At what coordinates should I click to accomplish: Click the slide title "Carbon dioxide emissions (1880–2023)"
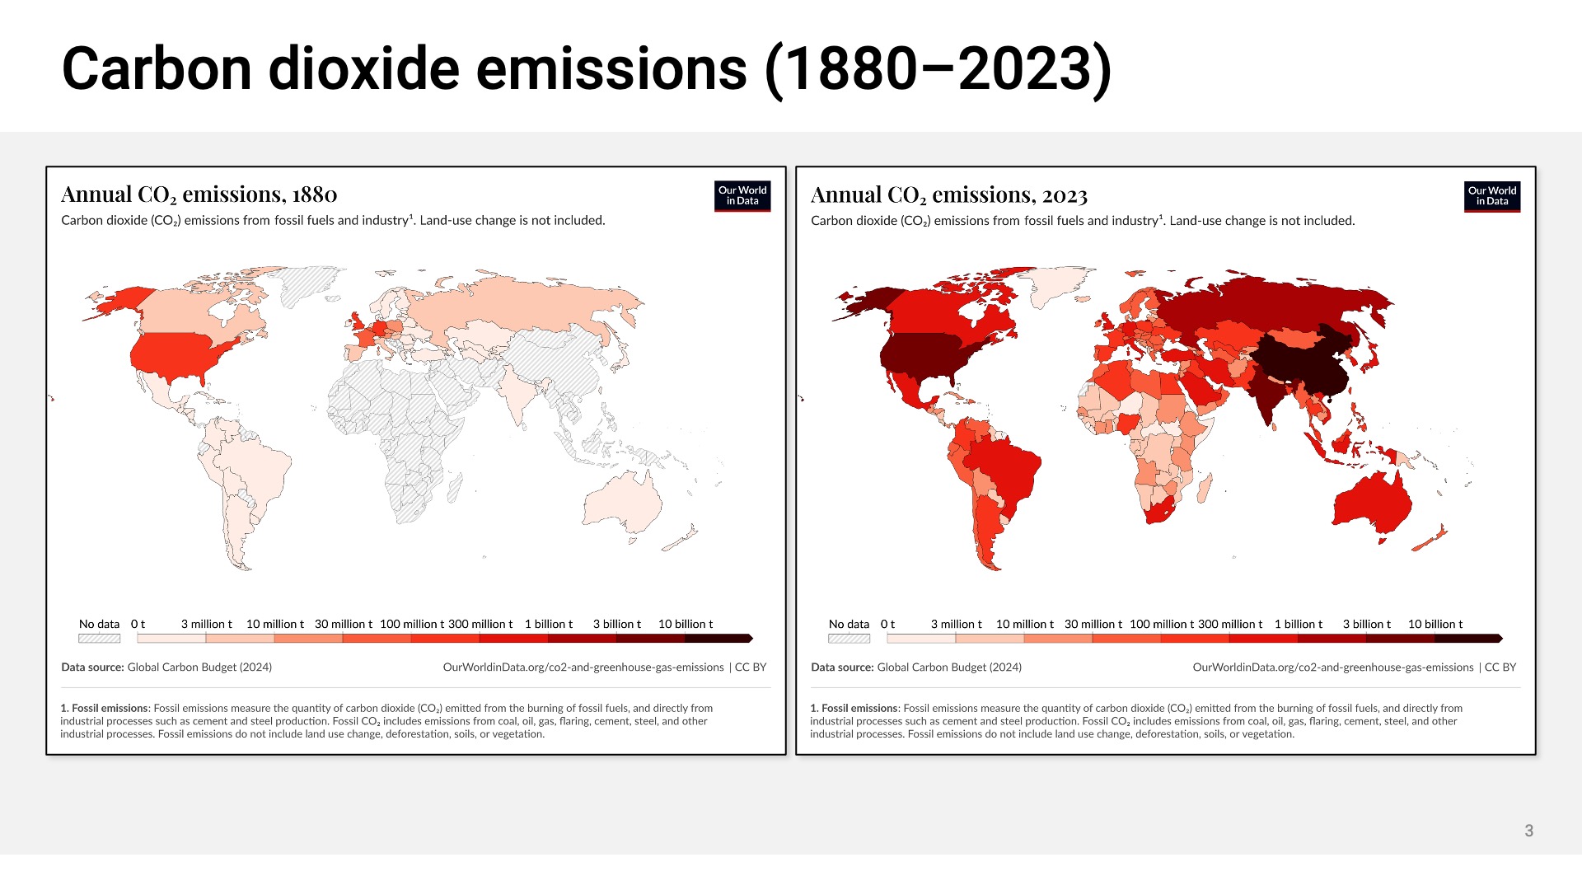tap(587, 69)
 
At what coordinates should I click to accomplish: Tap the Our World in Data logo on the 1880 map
tap(742, 196)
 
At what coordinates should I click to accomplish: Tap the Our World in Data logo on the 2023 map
tap(1491, 197)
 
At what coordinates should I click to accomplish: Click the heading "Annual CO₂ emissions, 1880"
tap(199, 194)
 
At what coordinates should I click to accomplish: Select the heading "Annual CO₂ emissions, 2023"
tap(948, 195)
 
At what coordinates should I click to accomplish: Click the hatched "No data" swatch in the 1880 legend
tap(99, 639)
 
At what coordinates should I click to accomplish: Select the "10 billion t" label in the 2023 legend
tap(1435, 625)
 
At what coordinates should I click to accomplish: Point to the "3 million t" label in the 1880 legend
tap(206, 625)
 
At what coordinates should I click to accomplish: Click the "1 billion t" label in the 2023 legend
tap(1298, 625)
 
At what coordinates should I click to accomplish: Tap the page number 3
tap(1528, 831)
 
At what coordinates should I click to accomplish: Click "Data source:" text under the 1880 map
tap(92, 667)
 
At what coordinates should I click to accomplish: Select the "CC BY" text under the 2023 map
tap(1500, 667)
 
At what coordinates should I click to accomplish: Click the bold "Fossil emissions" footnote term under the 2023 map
tap(859, 709)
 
